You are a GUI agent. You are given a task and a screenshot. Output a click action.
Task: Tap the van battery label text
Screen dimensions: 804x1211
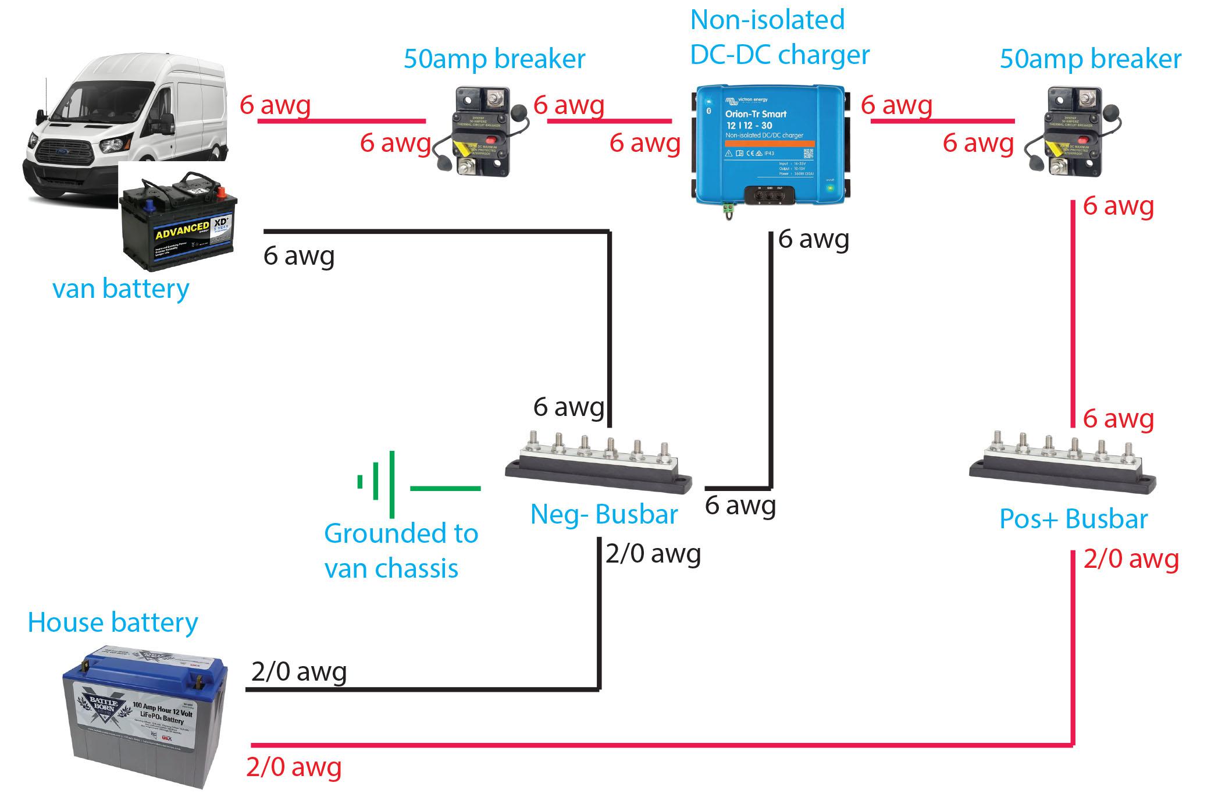[x=121, y=289]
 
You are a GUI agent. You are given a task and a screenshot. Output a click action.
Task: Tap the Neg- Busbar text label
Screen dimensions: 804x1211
[x=604, y=515]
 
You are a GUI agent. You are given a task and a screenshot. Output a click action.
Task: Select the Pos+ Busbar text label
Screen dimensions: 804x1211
[x=1073, y=519]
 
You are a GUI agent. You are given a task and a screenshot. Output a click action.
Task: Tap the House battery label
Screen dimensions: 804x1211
[x=113, y=622]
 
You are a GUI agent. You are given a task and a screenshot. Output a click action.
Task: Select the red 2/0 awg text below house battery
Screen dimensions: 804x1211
[x=294, y=767]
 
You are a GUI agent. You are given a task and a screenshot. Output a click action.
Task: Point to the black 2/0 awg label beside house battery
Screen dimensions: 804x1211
[x=299, y=672]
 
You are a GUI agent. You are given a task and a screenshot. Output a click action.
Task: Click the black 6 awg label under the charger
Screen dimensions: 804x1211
[x=813, y=239]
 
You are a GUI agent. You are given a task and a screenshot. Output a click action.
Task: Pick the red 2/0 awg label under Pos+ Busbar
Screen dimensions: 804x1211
[x=1131, y=560]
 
